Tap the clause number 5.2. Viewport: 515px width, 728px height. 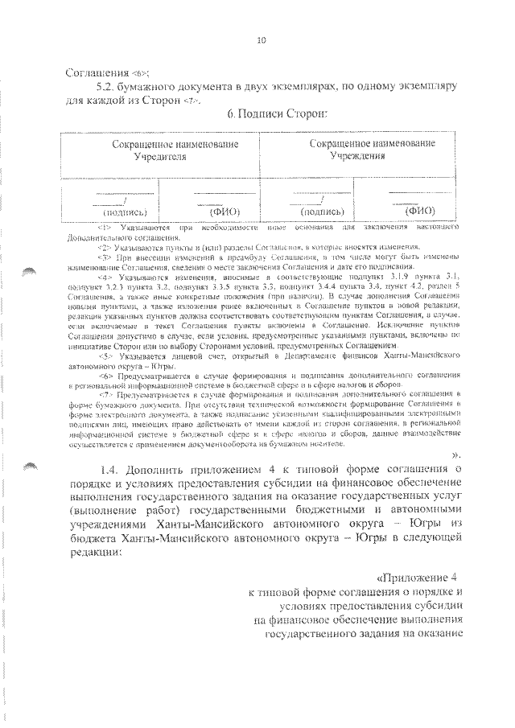[x=106, y=85]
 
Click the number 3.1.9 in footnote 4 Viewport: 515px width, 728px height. [x=414, y=276]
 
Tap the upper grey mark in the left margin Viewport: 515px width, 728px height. [x=31, y=271]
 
